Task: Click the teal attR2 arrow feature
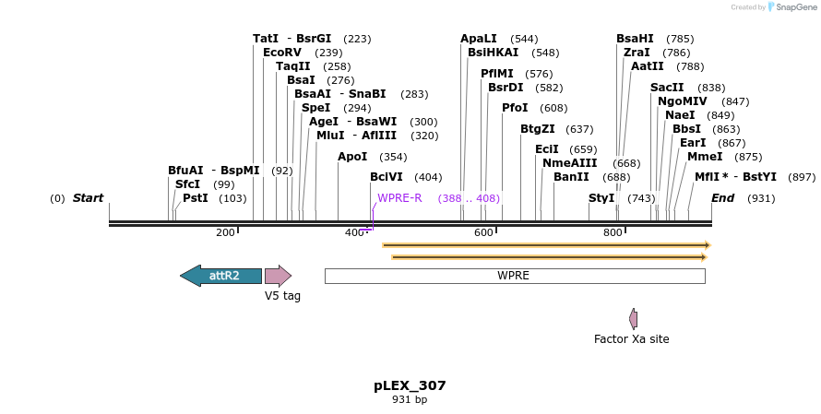(x=221, y=276)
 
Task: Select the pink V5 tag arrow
(x=277, y=276)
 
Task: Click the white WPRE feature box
(x=514, y=276)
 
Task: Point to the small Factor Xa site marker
(x=633, y=319)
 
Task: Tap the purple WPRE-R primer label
(x=399, y=198)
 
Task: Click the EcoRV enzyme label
(x=282, y=53)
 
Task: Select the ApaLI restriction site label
(x=479, y=39)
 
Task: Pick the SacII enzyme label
(x=667, y=88)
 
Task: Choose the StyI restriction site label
(x=601, y=198)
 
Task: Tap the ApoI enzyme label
(x=352, y=157)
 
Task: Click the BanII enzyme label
(x=571, y=177)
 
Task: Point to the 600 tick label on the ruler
(x=484, y=232)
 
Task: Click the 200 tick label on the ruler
(x=225, y=232)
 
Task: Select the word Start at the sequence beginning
(x=88, y=198)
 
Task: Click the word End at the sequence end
(x=723, y=198)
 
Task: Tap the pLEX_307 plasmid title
(x=410, y=385)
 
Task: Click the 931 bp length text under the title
(x=410, y=400)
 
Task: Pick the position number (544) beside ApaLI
(x=524, y=39)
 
